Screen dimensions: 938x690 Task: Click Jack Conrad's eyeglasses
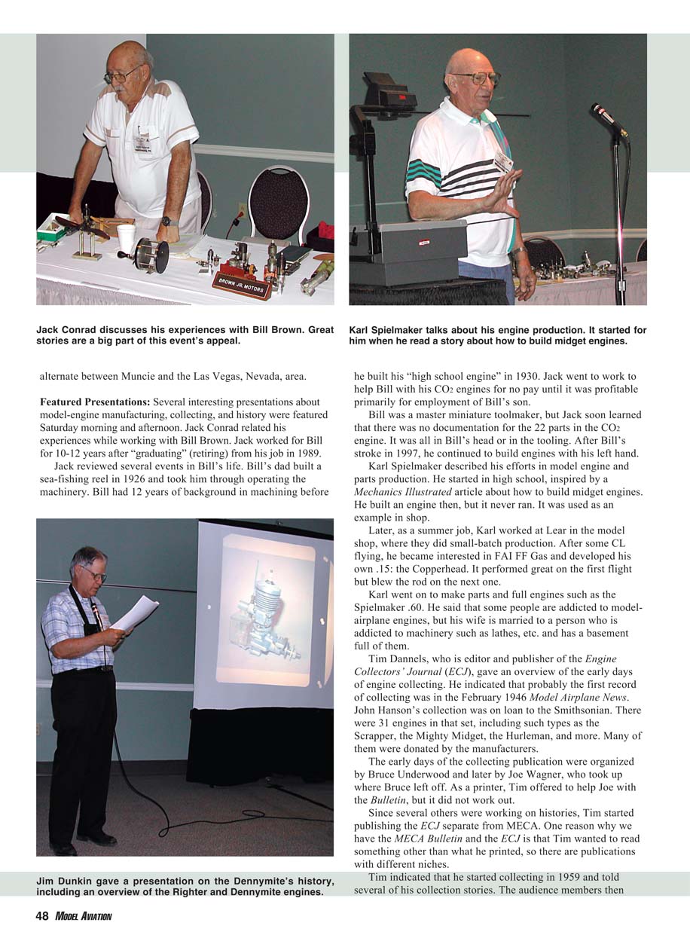(x=123, y=74)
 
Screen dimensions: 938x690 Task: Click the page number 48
(x=43, y=916)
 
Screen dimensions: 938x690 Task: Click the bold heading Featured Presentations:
(x=94, y=402)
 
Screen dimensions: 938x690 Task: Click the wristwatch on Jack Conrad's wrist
(x=167, y=222)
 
